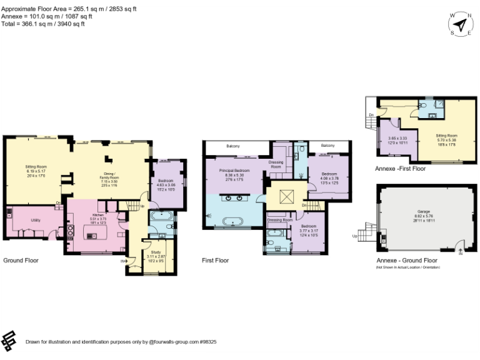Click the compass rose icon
(461, 24)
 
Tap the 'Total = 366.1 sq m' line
(43, 24)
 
